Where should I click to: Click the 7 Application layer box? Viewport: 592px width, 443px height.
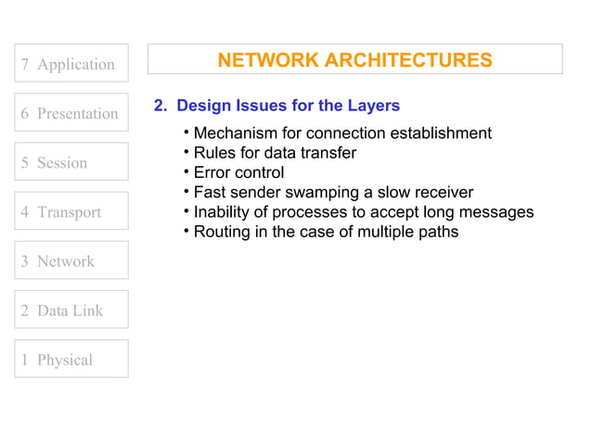[x=71, y=64]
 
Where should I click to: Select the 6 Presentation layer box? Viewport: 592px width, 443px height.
[x=71, y=113]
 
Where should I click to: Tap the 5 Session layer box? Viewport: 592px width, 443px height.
[x=71, y=162]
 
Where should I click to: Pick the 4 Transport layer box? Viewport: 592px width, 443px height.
[x=71, y=211]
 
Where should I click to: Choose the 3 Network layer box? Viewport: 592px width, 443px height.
[x=71, y=260]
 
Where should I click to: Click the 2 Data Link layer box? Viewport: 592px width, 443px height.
[x=71, y=310]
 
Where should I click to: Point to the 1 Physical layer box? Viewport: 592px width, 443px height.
[x=71, y=359]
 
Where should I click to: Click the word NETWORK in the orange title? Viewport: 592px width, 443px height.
[x=265, y=60]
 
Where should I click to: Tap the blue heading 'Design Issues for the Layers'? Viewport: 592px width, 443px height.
[x=288, y=106]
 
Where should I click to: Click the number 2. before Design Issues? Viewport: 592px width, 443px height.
[x=161, y=106]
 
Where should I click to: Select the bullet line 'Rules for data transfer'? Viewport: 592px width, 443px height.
[x=275, y=153]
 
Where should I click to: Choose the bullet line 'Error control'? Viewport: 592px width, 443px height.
[x=238, y=172]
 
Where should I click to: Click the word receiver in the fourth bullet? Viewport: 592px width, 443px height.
[x=442, y=192]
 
